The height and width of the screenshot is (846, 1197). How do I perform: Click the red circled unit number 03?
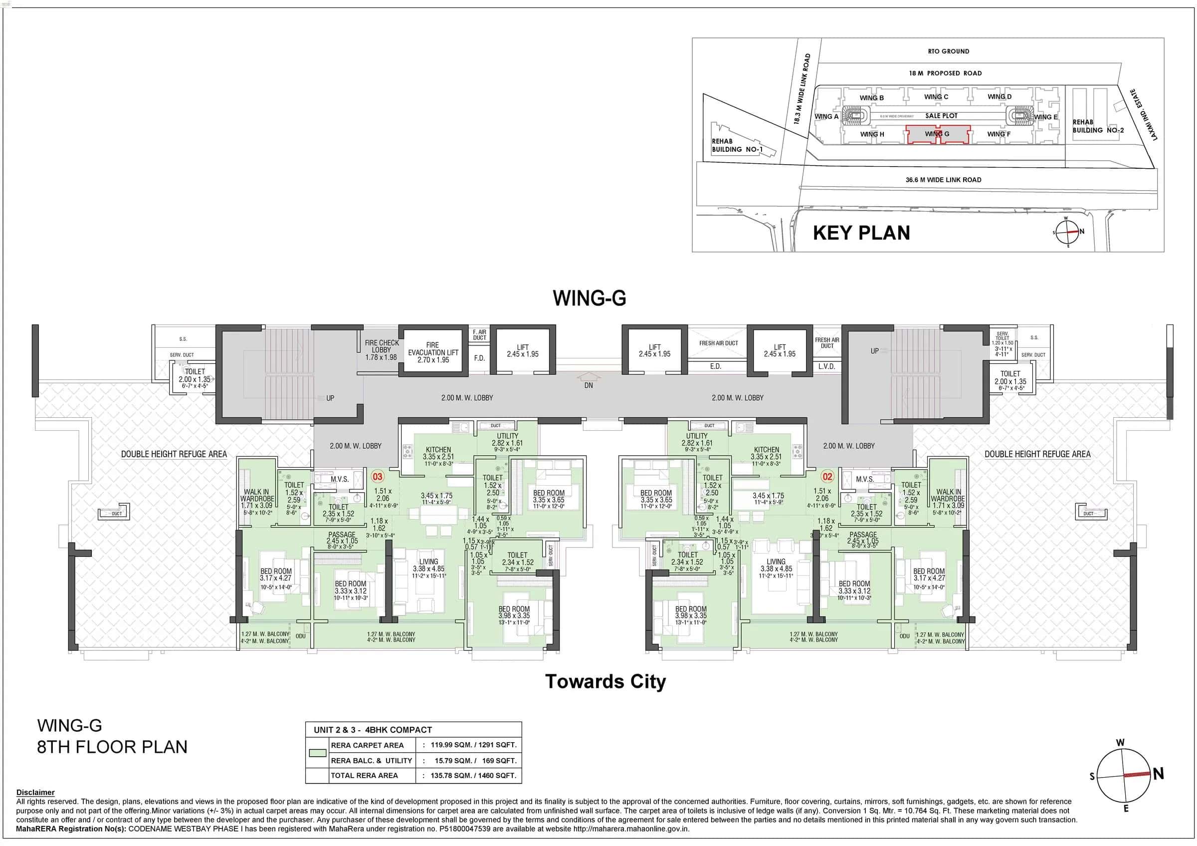point(378,476)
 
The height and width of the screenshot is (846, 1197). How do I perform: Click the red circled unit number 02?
point(827,476)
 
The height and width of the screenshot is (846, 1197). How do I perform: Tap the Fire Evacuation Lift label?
point(433,352)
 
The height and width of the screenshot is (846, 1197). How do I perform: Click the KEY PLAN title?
point(861,233)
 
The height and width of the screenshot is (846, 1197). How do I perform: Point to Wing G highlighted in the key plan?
point(937,134)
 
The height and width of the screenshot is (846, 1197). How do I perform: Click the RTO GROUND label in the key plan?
point(948,51)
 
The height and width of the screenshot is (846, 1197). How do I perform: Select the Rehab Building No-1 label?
point(737,145)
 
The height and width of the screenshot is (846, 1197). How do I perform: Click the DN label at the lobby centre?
point(589,385)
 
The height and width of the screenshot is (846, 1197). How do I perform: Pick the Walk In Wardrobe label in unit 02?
point(948,498)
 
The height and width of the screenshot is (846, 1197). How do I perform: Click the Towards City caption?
point(605,682)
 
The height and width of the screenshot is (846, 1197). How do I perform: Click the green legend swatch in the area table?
point(318,753)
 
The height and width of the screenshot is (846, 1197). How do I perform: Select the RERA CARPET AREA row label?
point(367,745)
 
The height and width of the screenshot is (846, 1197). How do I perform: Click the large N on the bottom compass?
point(1159,774)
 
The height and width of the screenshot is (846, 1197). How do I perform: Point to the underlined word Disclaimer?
point(35,792)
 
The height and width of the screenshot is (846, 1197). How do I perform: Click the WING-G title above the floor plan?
point(589,298)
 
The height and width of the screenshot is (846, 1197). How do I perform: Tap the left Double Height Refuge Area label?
point(174,454)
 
